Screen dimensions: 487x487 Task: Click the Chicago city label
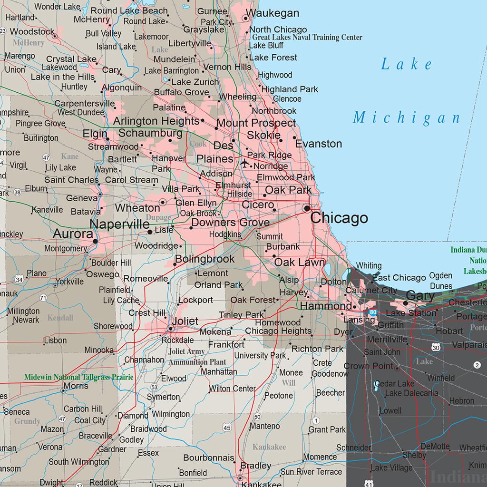pos(339,218)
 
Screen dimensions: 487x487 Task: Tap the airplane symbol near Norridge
pos(245,164)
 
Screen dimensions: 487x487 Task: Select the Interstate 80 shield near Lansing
pos(372,312)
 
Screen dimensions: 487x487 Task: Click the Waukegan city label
pos(273,13)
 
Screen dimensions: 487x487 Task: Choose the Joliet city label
pos(185,321)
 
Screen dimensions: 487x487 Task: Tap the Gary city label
pos(420,295)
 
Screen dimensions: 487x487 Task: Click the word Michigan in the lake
pos(407,117)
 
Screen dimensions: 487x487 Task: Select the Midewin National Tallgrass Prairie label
pos(79,377)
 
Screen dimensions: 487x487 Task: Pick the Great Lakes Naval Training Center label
pos(307,38)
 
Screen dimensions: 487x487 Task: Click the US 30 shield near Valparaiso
pos(436,348)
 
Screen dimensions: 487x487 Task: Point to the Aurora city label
pos(73,234)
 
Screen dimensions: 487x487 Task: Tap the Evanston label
pos(318,144)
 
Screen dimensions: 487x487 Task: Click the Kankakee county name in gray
pos(269,447)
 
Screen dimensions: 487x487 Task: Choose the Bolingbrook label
pos(205,259)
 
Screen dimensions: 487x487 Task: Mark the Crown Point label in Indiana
pos(369,366)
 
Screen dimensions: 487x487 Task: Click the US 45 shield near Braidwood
pos(227,428)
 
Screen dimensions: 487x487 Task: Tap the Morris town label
pos(76,386)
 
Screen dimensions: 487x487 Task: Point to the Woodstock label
pos(32,32)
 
